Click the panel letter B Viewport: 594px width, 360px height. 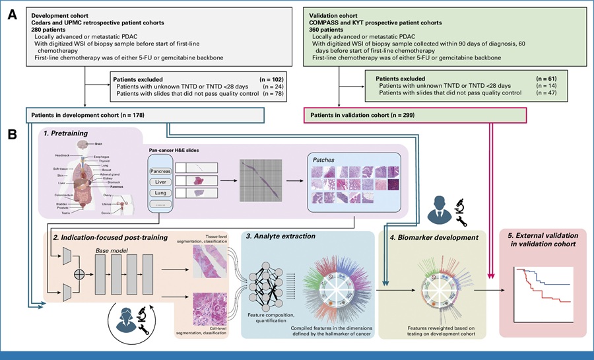pyautogui.click(x=11, y=133)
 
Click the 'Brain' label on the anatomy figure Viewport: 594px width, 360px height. pyautogui.click(x=98, y=143)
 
